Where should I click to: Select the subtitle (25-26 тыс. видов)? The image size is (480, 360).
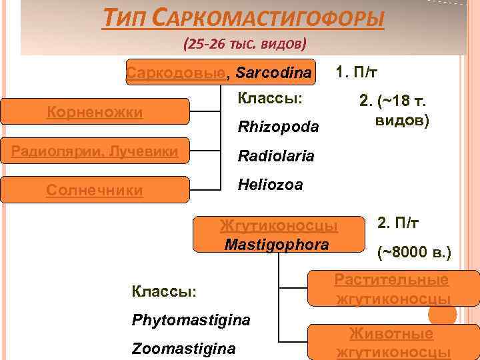click(245, 45)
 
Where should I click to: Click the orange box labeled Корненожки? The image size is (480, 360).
click(94, 112)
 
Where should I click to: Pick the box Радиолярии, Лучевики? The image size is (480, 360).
click(94, 151)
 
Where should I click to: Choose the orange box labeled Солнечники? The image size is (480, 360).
click(94, 191)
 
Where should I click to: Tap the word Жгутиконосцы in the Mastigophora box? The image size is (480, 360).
click(279, 225)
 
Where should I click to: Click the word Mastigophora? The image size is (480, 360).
click(277, 244)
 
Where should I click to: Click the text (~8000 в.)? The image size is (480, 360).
click(414, 253)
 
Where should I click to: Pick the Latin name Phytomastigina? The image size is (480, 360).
click(191, 320)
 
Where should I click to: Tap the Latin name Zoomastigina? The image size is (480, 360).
click(183, 349)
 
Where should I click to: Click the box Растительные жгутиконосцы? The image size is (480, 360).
click(391, 289)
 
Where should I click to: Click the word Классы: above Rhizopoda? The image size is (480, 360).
click(270, 98)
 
